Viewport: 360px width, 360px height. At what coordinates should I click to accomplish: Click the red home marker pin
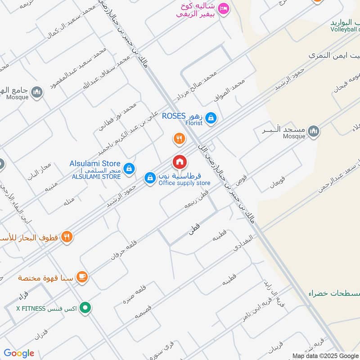coord(179,162)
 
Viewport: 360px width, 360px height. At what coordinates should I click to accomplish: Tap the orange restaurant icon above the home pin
coord(179,139)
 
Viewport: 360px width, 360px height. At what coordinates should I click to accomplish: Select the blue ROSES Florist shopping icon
coord(211,119)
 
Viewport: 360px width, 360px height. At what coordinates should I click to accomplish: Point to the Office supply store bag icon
coord(149,178)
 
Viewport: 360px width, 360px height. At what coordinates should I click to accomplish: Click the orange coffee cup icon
coord(82,277)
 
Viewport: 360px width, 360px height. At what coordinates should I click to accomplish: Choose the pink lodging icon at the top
coord(224,8)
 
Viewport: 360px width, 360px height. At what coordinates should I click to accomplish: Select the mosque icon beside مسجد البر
coord(314,131)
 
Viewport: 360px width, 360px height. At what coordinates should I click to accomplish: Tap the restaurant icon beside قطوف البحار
coord(67,237)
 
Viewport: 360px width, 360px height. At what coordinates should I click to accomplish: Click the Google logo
coord(19,353)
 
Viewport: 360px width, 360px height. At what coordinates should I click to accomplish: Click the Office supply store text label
coord(184,183)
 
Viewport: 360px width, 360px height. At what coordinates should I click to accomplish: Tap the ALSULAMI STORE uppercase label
coord(96,176)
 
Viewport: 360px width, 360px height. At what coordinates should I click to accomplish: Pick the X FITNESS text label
coord(31,309)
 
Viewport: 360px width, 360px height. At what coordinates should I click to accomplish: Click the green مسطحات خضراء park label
coord(334,293)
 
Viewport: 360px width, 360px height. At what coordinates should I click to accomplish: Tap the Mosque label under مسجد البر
coord(294,135)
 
